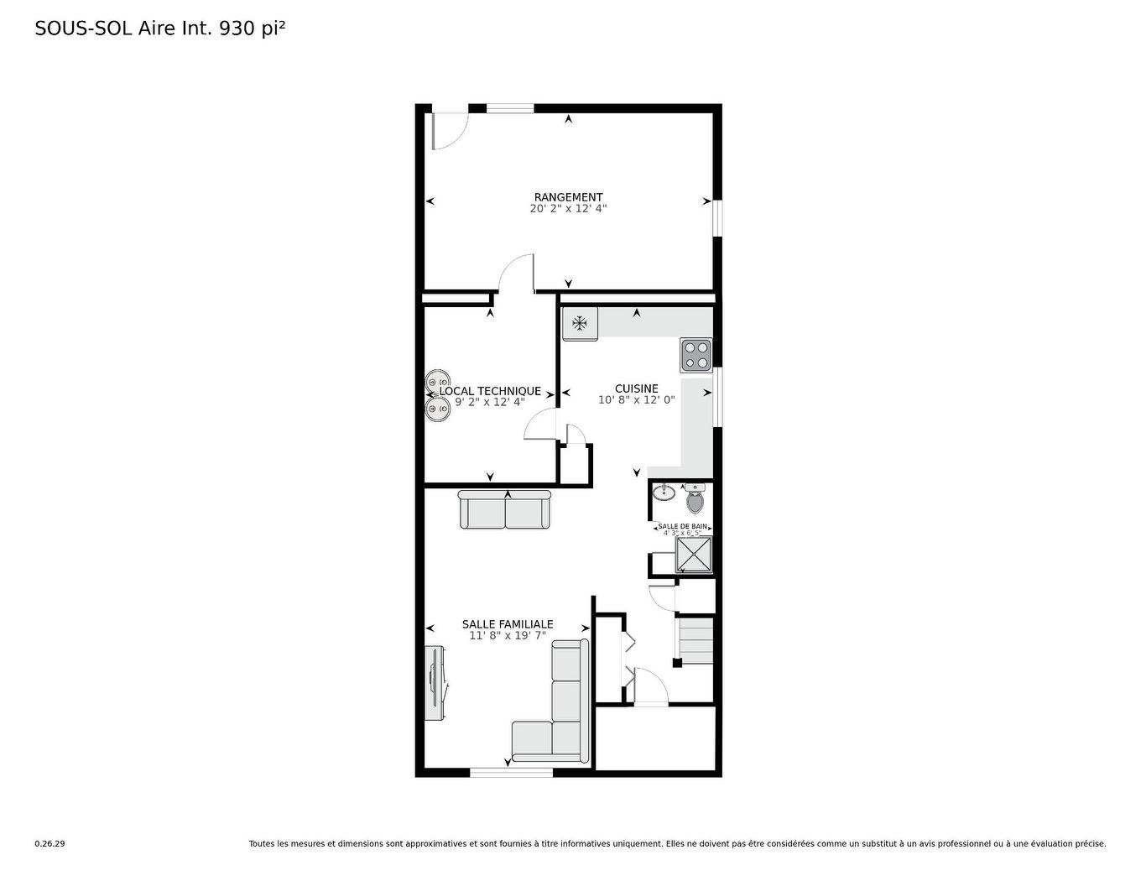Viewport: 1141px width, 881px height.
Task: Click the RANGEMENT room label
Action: coord(568,197)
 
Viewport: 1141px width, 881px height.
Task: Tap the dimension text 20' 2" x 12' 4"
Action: coord(568,208)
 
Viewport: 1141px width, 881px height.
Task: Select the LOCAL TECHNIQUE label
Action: coord(490,391)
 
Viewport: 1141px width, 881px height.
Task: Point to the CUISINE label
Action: coord(637,388)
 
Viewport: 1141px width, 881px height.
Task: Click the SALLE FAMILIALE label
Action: coord(508,624)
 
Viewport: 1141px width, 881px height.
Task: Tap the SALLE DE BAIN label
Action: coord(682,526)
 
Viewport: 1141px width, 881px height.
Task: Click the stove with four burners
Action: coord(696,356)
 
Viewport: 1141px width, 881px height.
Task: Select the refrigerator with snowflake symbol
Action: coord(580,323)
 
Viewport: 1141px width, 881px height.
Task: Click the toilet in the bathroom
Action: coord(695,498)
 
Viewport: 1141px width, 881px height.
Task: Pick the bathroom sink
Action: coord(664,493)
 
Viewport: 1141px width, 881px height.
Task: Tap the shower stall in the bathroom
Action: coord(694,555)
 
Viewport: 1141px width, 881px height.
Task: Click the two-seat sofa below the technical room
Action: coord(504,509)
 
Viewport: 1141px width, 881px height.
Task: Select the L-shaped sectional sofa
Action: coord(551,701)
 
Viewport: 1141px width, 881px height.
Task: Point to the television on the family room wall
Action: coord(435,683)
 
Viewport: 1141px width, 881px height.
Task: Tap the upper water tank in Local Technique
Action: coord(437,381)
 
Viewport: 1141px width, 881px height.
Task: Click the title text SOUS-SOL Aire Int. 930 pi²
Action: coord(160,29)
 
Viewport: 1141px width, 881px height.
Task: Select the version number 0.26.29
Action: coord(49,844)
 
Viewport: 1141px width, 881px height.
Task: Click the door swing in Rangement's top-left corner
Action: coord(450,131)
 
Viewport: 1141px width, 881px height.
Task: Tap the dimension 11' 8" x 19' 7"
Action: coord(508,636)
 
